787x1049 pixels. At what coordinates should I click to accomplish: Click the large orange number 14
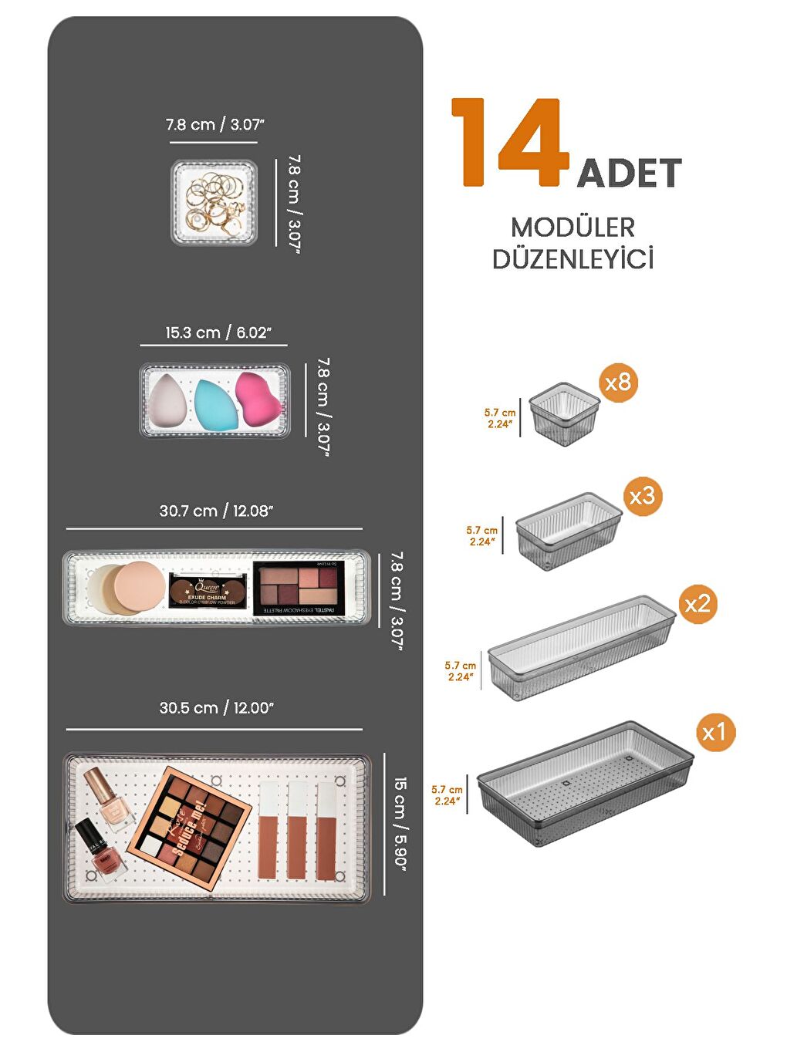[509, 143]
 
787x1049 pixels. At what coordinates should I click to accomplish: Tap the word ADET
[629, 173]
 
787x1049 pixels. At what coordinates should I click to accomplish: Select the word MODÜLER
[573, 228]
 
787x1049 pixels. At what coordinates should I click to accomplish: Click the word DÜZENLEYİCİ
[573, 259]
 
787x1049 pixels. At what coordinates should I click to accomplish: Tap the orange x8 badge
[618, 382]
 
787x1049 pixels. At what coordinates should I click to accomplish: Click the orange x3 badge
[642, 496]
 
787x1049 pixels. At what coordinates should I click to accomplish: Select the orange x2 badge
[697, 603]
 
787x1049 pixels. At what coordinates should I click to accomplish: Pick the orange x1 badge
[714, 732]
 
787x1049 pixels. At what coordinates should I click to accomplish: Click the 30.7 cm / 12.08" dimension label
[216, 511]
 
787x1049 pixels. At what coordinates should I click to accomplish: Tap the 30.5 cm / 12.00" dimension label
[216, 708]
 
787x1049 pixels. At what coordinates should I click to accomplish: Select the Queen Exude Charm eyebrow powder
[207, 591]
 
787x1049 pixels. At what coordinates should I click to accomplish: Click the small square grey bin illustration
[564, 415]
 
